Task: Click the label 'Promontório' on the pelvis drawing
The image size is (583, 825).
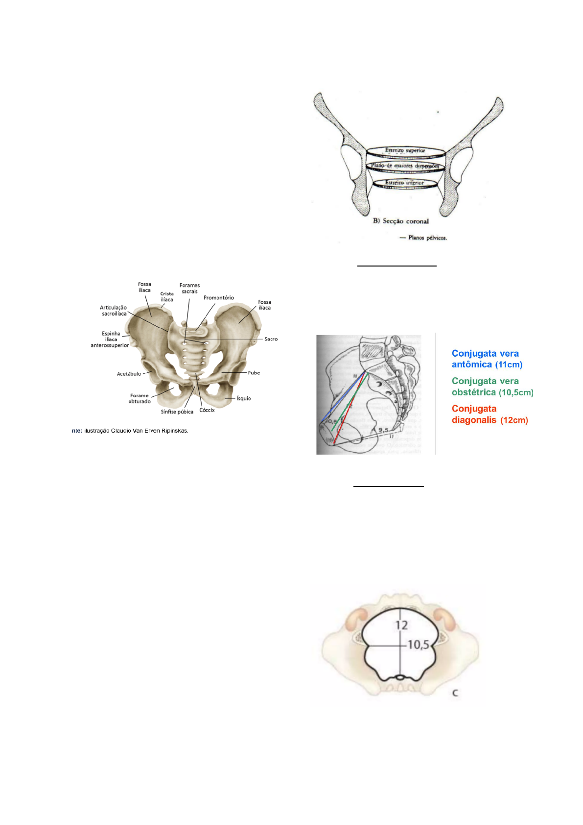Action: coord(218,298)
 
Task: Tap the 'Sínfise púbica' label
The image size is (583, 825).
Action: coord(177,412)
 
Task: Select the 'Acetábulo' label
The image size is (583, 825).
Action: coord(129,374)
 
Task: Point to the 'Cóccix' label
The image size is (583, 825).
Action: coord(207,410)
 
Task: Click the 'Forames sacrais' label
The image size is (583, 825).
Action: coord(189,289)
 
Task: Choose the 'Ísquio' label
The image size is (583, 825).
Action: coord(244,399)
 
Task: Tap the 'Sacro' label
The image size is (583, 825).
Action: coord(271,339)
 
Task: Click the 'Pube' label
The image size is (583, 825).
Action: coord(254,373)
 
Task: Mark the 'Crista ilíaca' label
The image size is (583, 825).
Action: coord(167,297)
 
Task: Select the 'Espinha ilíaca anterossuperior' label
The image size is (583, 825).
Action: coord(110,340)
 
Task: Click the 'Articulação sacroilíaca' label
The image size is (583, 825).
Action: coord(114,311)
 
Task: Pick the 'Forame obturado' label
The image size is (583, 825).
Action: coord(140,398)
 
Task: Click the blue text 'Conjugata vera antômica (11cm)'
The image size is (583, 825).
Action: coord(487,359)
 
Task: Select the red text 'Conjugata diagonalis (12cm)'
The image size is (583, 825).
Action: coord(490,414)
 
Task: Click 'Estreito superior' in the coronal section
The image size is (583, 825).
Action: coord(405,150)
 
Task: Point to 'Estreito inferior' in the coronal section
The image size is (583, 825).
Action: coord(404,183)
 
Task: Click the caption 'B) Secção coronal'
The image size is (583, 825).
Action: coord(401,221)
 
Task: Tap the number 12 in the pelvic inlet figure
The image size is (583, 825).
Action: coord(401,625)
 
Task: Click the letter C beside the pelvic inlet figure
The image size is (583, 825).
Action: coord(455,693)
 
